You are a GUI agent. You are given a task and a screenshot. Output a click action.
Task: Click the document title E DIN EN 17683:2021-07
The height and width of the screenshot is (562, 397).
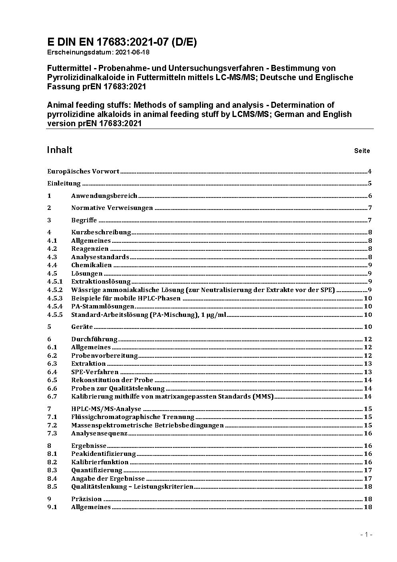tap(122, 42)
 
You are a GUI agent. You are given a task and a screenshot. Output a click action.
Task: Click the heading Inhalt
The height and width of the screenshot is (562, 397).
tap(60, 150)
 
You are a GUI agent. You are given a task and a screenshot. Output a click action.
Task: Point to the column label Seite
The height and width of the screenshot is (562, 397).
tap(362, 151)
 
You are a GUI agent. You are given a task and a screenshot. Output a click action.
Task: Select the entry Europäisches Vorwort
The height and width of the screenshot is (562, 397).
tap(83, 171)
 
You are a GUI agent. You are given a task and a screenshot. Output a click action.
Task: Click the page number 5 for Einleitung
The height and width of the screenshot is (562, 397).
tap(370, 184)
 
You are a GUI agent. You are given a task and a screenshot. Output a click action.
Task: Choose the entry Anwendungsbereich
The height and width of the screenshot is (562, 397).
tap(104, 196)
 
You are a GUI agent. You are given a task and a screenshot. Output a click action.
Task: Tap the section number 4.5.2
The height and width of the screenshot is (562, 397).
tap(55, 290)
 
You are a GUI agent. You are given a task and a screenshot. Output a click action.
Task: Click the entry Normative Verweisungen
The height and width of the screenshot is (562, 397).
tap(112, 208)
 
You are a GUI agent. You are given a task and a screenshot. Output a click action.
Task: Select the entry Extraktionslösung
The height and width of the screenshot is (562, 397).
tap(101, 282)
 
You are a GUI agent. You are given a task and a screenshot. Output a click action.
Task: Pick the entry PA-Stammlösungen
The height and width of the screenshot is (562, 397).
tap(102, 306)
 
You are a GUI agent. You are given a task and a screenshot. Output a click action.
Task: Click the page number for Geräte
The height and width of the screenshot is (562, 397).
tap(368, 327)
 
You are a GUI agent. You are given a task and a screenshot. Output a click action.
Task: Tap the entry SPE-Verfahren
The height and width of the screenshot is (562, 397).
tap(95, 372)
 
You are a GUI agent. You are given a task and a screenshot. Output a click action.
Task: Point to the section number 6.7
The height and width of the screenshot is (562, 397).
tap(52, 397)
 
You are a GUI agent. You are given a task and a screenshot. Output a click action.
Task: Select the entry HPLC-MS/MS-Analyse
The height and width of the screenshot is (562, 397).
tap(106, 409)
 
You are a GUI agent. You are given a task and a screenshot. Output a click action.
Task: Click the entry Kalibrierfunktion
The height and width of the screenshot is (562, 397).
tap(100, 462)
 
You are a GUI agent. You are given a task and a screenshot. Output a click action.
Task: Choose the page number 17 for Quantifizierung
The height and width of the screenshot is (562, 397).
tap(368, 470)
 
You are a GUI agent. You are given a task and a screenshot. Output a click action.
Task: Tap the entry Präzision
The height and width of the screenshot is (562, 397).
tap(86, 499)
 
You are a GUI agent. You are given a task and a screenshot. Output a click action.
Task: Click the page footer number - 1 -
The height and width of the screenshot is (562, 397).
tap(366, 535)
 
